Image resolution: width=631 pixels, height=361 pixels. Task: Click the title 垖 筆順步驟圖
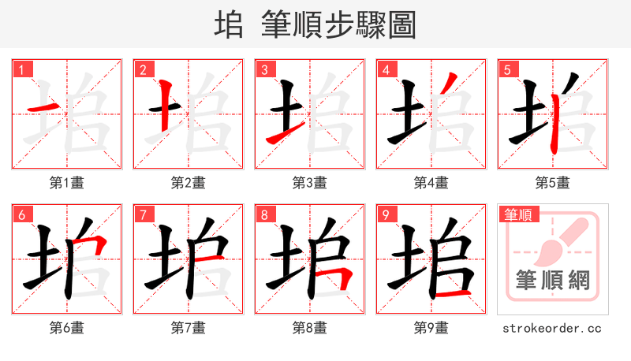[315, 24]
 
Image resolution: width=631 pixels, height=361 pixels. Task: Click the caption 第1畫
[66, 183]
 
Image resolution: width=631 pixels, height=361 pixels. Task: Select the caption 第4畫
[431, 183]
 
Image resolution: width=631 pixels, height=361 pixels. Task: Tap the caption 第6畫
[66, 328]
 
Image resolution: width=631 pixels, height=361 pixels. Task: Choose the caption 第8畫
[309, 328]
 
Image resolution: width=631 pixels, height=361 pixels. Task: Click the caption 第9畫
[431, 328]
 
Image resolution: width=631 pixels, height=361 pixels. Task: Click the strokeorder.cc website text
[552, 328]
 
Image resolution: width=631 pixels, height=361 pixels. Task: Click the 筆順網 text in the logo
[552, 280]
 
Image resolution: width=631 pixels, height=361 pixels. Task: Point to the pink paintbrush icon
[556, 240]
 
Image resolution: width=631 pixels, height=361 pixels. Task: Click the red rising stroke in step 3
[280, 134]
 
